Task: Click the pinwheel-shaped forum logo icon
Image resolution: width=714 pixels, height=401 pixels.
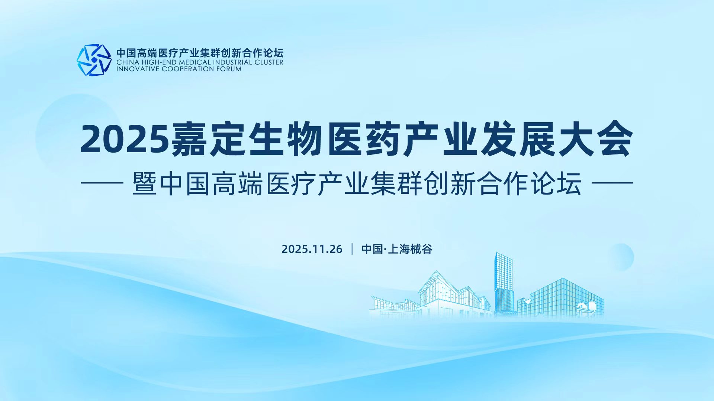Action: coord(94,60)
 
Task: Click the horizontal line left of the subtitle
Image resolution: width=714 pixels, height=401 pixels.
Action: coord(102,183)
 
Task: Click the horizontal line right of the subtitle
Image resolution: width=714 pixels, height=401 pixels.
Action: coord(612,183)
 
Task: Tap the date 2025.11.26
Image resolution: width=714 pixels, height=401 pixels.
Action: coord(312,249)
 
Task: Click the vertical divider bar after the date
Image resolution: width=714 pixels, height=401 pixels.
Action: coord(352,249)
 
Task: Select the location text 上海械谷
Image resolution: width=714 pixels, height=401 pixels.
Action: coord(410,249)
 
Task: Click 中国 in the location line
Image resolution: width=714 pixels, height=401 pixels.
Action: coord(372,249)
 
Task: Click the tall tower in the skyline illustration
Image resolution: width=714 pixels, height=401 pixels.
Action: coord(504,284)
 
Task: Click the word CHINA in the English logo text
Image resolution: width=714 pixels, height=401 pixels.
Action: coord(128,62)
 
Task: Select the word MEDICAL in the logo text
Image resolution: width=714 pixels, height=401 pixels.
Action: coord(195,62)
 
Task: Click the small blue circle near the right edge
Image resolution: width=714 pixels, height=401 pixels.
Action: coord(621,257)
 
